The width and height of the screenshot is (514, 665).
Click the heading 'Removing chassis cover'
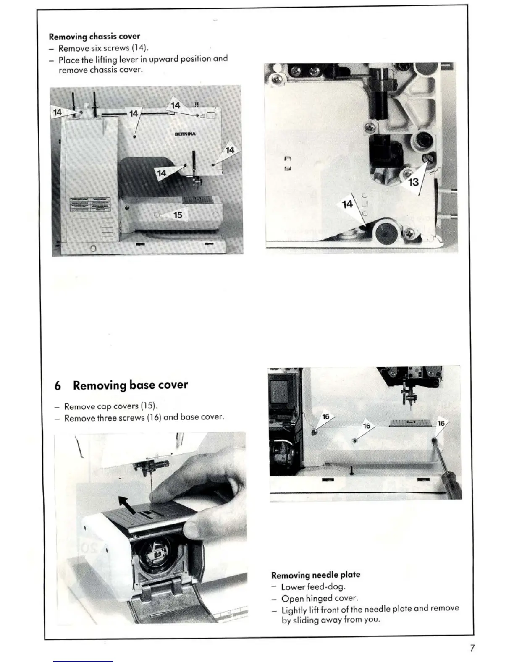click(x=94, y=37)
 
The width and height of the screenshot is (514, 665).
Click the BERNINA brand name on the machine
click(x=185, y=134)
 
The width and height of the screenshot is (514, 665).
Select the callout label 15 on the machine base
click(x=178, y=215)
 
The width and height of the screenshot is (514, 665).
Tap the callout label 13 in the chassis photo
click(x=414, y=182)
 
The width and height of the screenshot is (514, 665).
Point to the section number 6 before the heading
click(x=58, y=386)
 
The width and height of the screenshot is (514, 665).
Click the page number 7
click(x=472, y=648)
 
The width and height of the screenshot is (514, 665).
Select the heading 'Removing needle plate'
click(x=316, y=575)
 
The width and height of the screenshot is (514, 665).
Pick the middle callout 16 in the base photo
click(x=367, y=426)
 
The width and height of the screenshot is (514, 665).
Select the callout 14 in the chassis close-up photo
click(x=348, y=204)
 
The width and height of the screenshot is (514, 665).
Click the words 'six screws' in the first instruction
click(x=110, y=48)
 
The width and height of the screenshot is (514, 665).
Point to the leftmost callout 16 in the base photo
click(x=326, y=417)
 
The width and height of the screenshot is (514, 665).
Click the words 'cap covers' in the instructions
click(x=118, y=406)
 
